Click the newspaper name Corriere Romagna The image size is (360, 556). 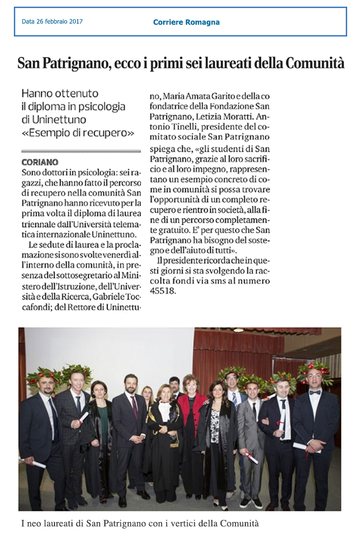186,22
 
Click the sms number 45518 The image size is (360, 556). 163,290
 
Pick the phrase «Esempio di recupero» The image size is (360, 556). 78,133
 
